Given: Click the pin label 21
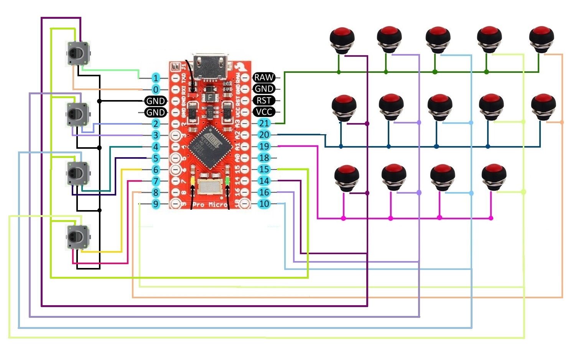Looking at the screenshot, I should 264,123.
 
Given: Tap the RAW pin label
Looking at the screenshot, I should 264,77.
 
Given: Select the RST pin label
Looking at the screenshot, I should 264,100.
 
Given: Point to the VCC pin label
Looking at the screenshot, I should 264,112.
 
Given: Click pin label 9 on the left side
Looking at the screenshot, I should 155,204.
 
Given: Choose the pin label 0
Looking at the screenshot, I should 155,90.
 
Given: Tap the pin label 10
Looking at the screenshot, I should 264,204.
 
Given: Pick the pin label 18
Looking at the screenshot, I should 264,158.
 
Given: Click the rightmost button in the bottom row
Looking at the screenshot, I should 494,177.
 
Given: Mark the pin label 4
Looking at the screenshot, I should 155,147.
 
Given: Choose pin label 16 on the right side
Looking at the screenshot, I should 264,192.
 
